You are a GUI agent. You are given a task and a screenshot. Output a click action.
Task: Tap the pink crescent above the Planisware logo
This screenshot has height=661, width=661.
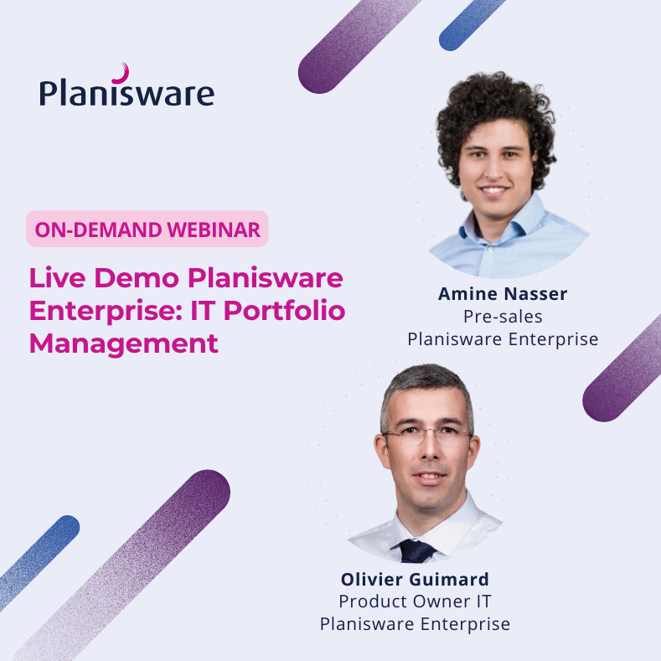pos(122,72)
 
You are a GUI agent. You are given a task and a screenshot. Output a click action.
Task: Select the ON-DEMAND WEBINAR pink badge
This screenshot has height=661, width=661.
pos(147,229)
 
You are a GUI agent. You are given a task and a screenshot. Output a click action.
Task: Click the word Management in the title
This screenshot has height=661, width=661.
pos(124,343)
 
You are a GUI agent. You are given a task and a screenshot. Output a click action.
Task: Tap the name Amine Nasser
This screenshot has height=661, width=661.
pos(503,294)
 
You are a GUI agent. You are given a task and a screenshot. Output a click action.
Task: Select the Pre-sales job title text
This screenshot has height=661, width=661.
pos(503,317)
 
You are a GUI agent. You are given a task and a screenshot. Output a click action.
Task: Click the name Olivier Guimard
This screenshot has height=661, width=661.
pos(415,579)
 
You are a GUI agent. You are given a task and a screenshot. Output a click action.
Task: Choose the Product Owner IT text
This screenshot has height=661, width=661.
pos(415,602)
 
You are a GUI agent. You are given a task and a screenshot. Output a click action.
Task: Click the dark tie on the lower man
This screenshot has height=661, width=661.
pos(417,550)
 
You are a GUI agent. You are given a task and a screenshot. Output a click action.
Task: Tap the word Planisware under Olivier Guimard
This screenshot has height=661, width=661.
pos(369,624)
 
